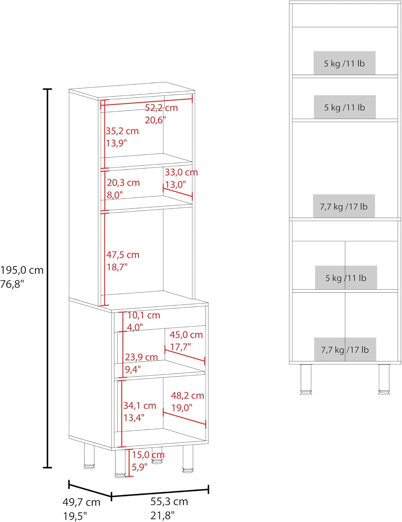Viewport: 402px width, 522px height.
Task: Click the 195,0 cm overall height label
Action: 22,270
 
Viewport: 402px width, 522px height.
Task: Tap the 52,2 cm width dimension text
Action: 161,108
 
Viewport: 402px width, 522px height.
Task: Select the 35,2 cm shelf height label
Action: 122,131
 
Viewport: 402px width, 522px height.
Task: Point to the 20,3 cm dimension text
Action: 123,183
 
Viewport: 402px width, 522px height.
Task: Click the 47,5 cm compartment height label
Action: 123,255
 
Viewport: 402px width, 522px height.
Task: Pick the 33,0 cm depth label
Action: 181,172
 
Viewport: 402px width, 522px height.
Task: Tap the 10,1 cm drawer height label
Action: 144,315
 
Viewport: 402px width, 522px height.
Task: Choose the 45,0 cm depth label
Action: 186,335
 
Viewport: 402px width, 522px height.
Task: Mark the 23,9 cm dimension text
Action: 141,357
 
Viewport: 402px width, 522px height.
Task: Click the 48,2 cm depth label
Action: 187,396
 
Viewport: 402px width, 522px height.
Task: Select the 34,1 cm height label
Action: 140,406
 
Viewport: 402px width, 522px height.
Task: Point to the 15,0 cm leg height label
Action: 148,455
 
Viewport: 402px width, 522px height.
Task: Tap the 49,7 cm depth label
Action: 81,502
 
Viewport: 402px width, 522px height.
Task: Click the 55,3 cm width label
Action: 169,501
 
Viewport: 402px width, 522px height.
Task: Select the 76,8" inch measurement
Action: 12,284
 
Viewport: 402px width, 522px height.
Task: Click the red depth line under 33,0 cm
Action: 178,193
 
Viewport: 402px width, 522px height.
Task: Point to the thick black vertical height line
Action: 47,278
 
